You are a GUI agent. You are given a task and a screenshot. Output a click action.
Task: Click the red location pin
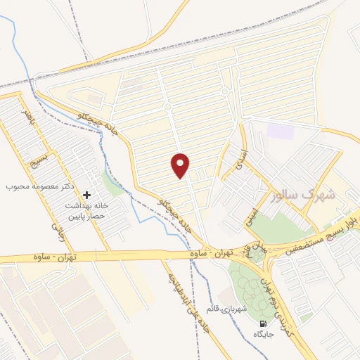point(181,165)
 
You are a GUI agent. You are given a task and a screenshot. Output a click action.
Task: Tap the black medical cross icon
point(86,195)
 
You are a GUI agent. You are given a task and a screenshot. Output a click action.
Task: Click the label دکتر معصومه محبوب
point(41,186)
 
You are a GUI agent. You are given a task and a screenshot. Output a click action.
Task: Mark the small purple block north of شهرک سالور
point(279,130)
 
